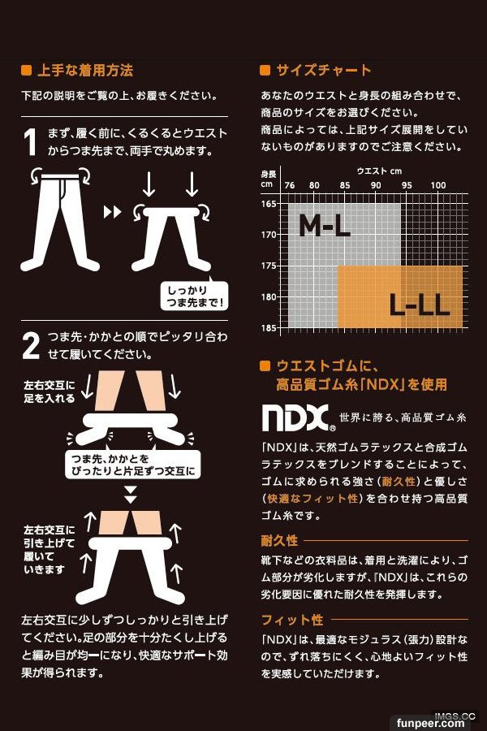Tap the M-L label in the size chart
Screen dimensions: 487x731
pyautogui.click(x=325, y=226)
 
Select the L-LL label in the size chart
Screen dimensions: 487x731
pyautogui.click(x=419, y=305)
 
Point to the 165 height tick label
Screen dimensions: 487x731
pyautogui.click(x=269, y=204)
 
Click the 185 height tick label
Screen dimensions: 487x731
pyautogui.click(x=269, y=328)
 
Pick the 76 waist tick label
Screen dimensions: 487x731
pyautogui.click(x=290, y=185)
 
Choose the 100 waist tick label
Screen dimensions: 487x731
pyautogui.click(x=438, y=185)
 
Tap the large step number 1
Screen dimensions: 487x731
pyautogui.click(x=30, y=141)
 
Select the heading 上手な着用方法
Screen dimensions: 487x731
pyautogui.click(x=85, y=71)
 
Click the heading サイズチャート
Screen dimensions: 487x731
pyautogui.click(x=323, y=71)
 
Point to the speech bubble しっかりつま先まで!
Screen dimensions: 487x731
pyautogui.click(x=195, y=295)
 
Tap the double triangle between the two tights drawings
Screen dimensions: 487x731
pyautogui.click(x=112, y=212)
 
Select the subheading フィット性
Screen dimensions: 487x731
pyautogui.click(x=292, y=620)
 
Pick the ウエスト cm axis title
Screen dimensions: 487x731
pyautogui.click(x=379, y=171)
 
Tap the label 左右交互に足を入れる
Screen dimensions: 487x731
pyautogui.click(x=50, y=391)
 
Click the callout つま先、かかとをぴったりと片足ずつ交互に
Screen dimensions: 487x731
pyautogui.click(x=133, y=465)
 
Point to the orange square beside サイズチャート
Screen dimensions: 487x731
pyautogui.click(x=265, y=71)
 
